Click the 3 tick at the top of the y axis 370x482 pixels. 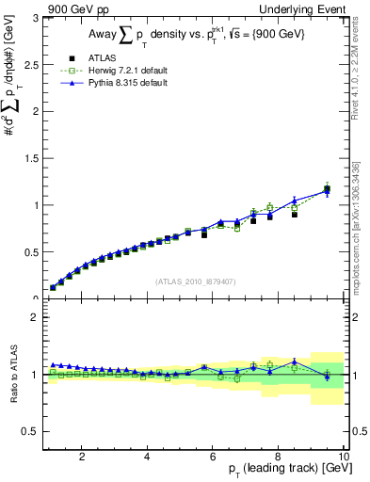pyautogui.click(x=35, y=18)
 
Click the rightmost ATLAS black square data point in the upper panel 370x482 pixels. pyautogui.click(x=327, y=189)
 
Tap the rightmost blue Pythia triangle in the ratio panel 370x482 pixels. pyautogui.click(x=327, y=378)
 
